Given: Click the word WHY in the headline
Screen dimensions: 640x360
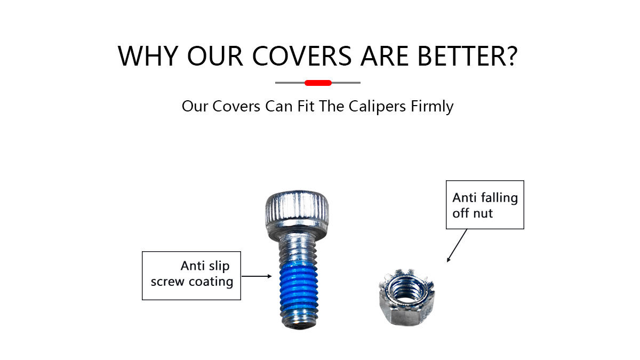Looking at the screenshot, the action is coord(148,56).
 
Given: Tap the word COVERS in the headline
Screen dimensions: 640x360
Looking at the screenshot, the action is coord(302,56).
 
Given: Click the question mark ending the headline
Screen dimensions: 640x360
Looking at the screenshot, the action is coord(509,55).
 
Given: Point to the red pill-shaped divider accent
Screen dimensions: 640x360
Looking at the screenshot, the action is coord(318,83).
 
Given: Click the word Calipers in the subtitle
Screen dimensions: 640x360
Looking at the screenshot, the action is coord(377,107).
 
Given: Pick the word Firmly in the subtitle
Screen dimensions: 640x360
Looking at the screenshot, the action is coord(432,107).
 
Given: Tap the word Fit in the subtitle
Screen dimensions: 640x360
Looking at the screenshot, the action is coord(306,106).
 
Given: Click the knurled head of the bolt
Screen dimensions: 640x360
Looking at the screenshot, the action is coord(297,206).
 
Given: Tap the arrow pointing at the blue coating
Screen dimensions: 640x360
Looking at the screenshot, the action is coord(257,276).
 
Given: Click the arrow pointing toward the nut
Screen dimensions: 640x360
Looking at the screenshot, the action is coord(457,245).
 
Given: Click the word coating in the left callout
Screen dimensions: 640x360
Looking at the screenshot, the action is coord(211,282).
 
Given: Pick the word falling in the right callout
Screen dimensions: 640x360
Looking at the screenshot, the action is coord(499,198).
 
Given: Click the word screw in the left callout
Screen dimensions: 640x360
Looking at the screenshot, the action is coord(167,282).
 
